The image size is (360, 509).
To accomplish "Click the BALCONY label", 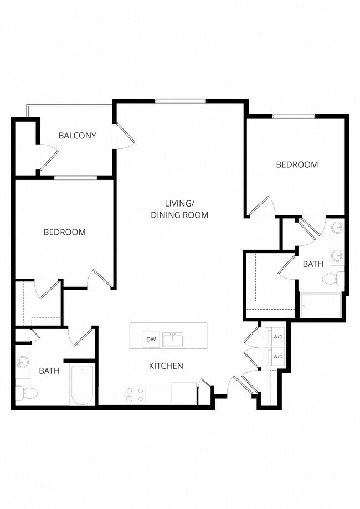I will click(x=78, y=135).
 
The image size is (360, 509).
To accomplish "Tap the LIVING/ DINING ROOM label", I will click(x=179, y=209).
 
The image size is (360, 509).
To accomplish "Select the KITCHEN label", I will click(x=166, y=366).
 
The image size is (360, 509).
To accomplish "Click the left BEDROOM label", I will click(x=65, y=232).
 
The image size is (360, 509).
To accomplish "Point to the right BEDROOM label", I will click(x=297, y=164).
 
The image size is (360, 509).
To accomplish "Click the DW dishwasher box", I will click(x=151, y=340).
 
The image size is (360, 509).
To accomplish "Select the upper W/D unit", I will click(x=276, y=337).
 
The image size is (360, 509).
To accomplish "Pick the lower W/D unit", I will click(x=276, y=356).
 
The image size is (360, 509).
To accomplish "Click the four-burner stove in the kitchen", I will click(x=135, y=395).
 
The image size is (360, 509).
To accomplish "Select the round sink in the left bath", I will click(x=22, y=363).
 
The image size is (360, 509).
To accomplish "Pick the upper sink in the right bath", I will click(x=337, y=228).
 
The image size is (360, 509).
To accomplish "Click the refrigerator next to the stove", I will click(x=183, y=394).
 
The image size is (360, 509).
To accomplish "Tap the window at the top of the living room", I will click(x=180, y=101).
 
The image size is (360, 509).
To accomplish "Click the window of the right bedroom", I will click(x=294, y=116).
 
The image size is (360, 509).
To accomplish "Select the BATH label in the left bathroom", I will click(x=49, y=371).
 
